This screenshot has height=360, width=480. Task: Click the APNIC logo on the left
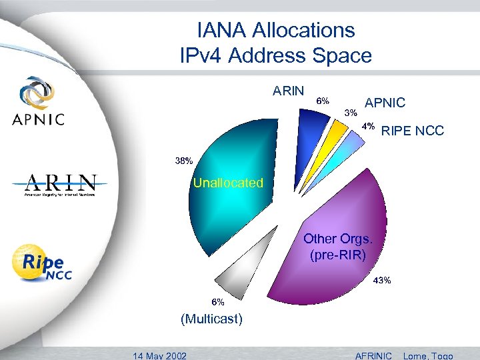pyautogui.click(x=39, y=101)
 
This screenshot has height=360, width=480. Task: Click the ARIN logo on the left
pyautogui.click(x=61, y=185)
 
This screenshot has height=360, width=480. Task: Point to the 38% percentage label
pyautogui.click(x=184, y=161)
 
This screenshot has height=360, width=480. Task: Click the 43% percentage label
pyautogui.click(x=381, y=280)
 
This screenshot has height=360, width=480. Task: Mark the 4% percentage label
pyautogui.click(x=368, y=126)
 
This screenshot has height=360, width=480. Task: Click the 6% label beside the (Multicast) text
pyautogui.click(x=218, y=301)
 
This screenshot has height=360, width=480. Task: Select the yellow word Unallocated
pyautogui.click(x=228, y=183)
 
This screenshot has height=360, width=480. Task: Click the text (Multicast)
pyautogui.click(x=212, y=319)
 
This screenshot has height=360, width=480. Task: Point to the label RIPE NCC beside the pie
pyautogui.click(x=412, y=131)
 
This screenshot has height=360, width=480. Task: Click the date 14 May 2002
pyautogui.click(x=159, y=355)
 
